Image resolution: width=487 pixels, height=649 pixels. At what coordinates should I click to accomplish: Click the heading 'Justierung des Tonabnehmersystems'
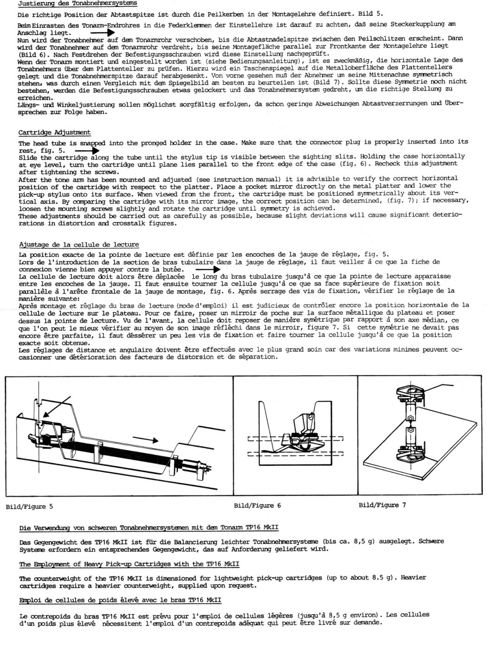click(x=77, y=3)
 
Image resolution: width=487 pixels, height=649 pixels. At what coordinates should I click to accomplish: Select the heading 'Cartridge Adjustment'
click(x=55, y=132)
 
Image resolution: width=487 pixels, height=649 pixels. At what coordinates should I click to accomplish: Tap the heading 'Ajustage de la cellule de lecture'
click(x=79, y=244)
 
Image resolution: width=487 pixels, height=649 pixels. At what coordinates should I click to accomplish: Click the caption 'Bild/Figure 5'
click(x=30, y=506)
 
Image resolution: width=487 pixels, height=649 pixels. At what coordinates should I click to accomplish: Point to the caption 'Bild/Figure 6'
click(x=257, y=505)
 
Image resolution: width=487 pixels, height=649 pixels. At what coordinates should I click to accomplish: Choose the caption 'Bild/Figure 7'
click(x=382, y=505)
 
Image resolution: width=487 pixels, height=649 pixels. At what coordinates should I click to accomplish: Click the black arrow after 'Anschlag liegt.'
click(x=102, y=33)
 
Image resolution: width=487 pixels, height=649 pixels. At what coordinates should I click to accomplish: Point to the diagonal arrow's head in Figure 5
click(x=43, y=420)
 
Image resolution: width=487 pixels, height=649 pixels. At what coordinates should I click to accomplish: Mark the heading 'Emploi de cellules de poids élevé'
click(x=120, y=600)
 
